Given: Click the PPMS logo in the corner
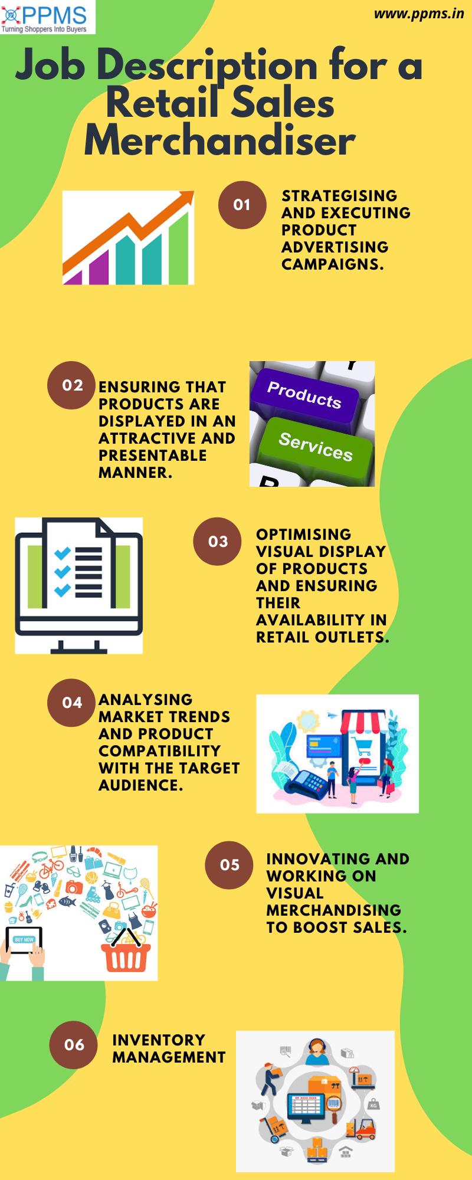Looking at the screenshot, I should (47, 17).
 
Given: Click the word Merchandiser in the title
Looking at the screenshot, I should (219, 141).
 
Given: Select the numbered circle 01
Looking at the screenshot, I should (242, 205).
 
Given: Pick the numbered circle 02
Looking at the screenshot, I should (71, 385).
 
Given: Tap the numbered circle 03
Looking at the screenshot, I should (217, 542).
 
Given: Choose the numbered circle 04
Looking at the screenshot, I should (71, 703).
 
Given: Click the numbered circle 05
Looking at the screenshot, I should (230, 865).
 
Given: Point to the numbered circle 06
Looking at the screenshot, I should (74, 1045).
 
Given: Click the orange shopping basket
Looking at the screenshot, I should (126, 955).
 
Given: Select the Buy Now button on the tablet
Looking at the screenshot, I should (24, 939).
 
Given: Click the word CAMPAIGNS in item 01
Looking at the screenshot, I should (332, 264).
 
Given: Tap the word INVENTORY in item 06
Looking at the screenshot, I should (159, 1040).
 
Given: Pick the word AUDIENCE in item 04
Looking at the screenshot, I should (140, 785).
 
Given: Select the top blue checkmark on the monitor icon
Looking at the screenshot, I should (63, 553).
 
